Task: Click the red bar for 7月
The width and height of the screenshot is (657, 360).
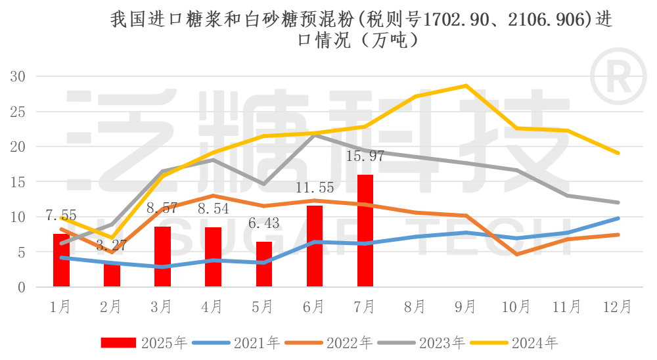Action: point(365,231)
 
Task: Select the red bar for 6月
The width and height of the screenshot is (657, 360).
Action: point(315,246)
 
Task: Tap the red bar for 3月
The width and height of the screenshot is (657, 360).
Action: point(162,257)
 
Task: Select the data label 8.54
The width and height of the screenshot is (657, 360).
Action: point(213,210)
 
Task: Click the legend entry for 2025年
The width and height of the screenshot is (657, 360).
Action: point(144,342)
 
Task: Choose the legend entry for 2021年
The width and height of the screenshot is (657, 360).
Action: point(250,342)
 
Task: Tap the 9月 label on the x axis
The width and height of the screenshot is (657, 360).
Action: point(466,307)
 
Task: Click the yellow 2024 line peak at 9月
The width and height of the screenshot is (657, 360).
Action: point(466,86)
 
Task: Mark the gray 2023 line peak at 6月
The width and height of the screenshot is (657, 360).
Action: point(315,135)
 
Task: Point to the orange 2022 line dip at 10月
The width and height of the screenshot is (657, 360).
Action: point(517,254)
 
